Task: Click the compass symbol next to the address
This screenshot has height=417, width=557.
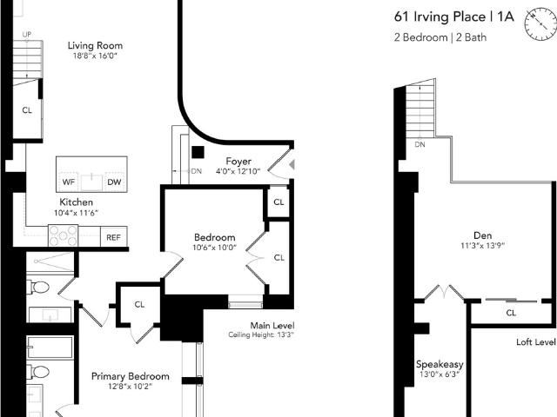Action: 540,24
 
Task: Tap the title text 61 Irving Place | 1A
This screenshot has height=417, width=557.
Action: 454,17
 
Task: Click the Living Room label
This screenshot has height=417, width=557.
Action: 95,45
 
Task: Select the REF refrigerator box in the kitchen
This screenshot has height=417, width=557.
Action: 114,237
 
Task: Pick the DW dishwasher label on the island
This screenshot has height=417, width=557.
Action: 114,182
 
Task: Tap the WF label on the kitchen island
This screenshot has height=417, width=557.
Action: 69,182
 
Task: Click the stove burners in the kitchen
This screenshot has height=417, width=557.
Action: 64,235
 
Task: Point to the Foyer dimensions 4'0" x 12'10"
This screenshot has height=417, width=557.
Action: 238,172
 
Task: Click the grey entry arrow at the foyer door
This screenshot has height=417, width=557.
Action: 292,164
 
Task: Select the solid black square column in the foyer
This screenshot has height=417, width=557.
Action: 198,152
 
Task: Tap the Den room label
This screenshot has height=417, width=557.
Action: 483,235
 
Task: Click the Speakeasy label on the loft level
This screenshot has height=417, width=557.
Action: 440,364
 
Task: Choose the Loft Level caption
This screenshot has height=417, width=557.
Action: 536,341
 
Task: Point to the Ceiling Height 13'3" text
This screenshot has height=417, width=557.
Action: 261,334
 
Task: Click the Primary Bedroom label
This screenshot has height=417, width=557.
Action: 131,376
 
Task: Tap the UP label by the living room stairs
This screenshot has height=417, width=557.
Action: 27,35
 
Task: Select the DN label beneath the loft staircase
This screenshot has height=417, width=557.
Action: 419,144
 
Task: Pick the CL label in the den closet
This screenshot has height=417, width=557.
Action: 511,313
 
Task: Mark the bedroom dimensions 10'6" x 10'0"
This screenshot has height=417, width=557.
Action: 215,248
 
